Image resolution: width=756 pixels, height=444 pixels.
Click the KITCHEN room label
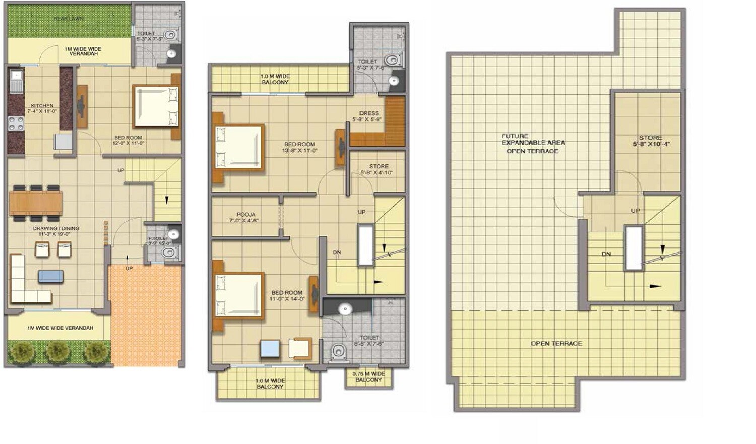click(42, 106)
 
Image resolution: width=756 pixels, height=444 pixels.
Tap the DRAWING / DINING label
click(56, 229)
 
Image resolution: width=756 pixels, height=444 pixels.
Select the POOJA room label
click(245, 215)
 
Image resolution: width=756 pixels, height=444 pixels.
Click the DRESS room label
click(369, 113)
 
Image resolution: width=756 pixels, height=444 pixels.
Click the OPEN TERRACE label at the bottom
click(556, 344)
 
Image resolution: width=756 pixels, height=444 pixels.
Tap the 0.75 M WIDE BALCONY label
click(368, 376)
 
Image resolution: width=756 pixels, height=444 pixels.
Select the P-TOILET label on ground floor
click(158, 238)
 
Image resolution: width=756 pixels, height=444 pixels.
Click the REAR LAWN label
click(69, 19)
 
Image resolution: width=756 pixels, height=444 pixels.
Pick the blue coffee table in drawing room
click(51, 276)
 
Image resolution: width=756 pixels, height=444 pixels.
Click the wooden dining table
click(36, 203)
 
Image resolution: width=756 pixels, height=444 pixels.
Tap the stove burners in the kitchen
click(16, 123)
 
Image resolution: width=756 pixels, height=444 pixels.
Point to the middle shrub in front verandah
click(57, 350)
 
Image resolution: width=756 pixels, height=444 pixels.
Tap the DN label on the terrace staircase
click(606, 255)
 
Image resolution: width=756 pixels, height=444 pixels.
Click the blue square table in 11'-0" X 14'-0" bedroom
click(270, 349)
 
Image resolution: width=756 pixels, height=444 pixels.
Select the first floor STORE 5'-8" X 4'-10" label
click(378, 169)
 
